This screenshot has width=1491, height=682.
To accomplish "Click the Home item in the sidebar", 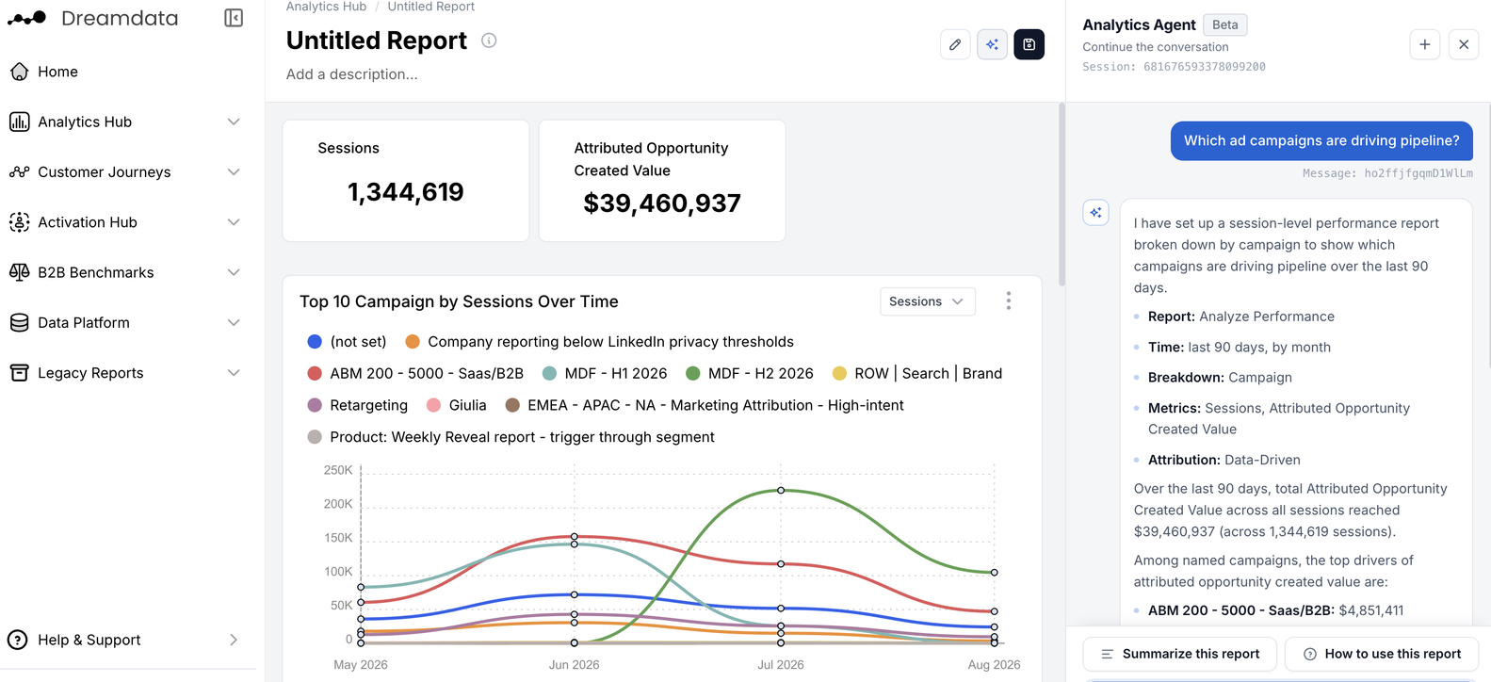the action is click(x=44, y=72).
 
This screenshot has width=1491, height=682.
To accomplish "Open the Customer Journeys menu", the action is click(x=124, y=171).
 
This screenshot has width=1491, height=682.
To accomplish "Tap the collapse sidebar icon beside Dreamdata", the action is click(x=234, y=18).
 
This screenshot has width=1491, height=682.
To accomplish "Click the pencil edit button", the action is click(x=955, y=44).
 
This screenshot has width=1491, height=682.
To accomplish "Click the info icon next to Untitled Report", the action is click(x=489, y=41).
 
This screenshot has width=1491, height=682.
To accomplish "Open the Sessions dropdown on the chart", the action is click(x=927, y=301).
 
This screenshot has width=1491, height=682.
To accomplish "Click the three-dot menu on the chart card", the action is click(x=1009, y=301).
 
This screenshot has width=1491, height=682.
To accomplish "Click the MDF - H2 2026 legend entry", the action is click(x=750, y=374).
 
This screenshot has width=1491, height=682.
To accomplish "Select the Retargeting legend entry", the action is click(x=357, y=406).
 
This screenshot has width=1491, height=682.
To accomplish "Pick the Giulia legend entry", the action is click(x=457, y=406).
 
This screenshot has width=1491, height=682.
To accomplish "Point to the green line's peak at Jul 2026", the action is click(x=781, y=490).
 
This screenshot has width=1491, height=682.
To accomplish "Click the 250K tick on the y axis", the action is click(x=338, y=470).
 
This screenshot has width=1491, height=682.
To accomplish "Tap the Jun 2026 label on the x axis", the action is click(x=574, y=665).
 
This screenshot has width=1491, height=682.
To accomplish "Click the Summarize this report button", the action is click(x=1179, y=654).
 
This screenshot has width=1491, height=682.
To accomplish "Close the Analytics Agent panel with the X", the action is click(x=1464, y=44).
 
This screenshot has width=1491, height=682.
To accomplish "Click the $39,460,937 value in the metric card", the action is click(x=661, y=203).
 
